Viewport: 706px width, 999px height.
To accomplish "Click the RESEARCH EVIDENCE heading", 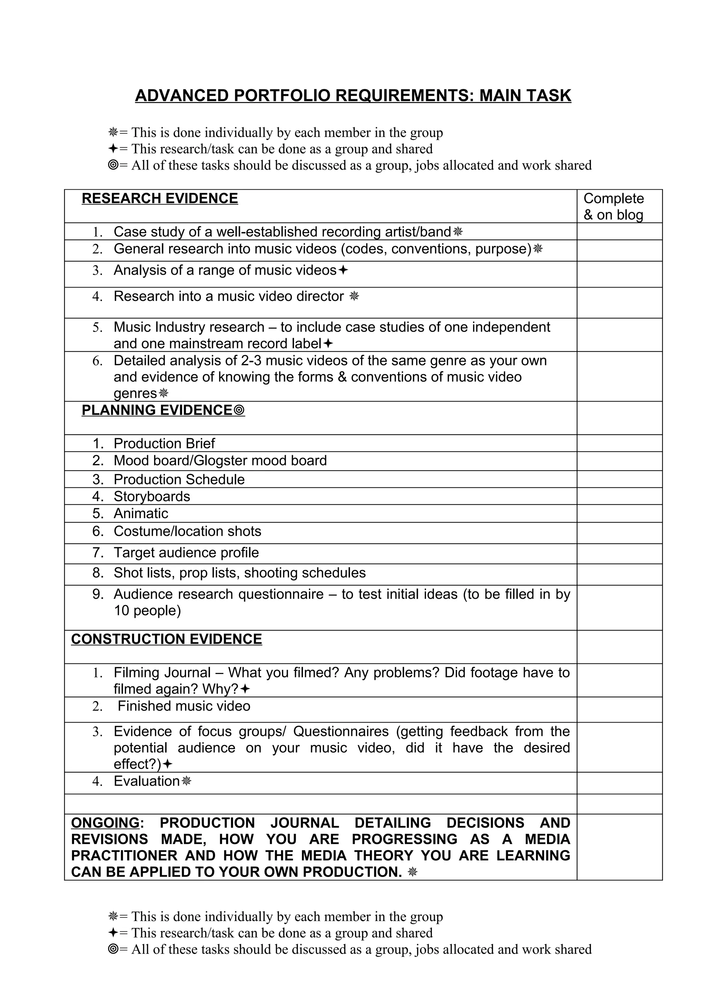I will pos(160,199).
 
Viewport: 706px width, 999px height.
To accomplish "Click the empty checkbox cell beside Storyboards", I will pos(619,496).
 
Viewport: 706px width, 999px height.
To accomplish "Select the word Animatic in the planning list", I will pos(141,513).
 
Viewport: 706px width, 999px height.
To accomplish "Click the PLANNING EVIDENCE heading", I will pos(157,410).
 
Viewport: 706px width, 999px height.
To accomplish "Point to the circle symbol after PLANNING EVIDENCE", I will pos(240,410).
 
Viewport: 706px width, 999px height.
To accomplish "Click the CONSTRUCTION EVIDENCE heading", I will pos(166,639).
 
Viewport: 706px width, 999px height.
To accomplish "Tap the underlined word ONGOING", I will pos(105,823).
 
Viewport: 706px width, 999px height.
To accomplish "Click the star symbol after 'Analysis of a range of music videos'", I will pos(343,270).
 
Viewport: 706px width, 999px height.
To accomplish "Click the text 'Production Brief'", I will pos(164,443).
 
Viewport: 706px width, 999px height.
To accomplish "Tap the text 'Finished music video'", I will pos(184,706).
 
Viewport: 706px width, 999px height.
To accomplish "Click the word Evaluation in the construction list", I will pos(147,781).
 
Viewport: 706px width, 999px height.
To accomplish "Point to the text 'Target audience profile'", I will pos(186,553).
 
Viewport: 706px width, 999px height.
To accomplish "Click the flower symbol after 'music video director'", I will pos(354,296).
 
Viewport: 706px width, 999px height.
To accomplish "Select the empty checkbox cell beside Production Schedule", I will pos(619,479).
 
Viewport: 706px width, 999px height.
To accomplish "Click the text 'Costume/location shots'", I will pos(187,531).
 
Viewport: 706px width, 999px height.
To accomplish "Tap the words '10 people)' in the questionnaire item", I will pos(147,610).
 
